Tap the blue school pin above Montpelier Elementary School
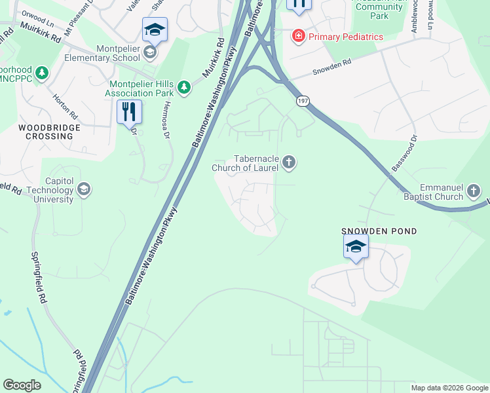coord(155,29)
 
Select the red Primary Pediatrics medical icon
coord(299,36)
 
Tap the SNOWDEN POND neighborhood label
coord(379,232)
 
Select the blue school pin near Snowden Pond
coord(356,247)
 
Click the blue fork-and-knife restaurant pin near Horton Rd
coord(129,111)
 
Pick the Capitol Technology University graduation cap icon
coord(83,190)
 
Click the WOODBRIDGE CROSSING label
coord(45,132)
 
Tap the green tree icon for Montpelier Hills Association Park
coord(185,87)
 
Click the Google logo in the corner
coord(22,385)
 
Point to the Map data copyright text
coord(449,388)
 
